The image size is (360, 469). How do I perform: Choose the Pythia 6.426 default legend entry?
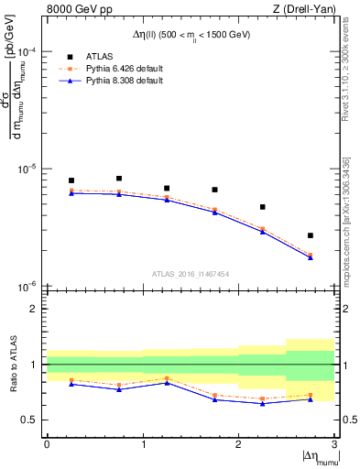point(111,69)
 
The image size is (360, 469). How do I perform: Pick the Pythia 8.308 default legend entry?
point(111,81)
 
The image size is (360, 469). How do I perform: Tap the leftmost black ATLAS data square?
point(71,180)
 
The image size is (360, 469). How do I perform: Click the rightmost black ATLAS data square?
point(311,235)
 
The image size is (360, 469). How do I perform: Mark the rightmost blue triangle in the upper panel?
point(311,257)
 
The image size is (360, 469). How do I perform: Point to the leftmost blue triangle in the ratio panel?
point(71,384)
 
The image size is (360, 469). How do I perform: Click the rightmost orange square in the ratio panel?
point(311,395)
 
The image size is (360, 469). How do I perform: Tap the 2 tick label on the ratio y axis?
point(36,309)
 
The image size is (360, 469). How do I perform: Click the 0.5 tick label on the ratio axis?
point(32,420)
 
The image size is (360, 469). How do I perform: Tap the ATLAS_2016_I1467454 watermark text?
point(191,273)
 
